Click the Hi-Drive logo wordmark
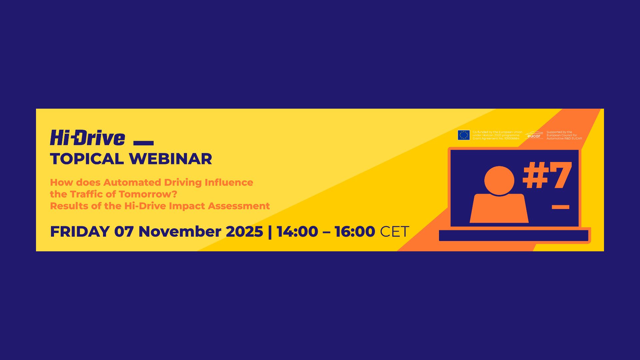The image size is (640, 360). (x=87, y=138)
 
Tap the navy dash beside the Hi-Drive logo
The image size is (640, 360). (x=143, y=143)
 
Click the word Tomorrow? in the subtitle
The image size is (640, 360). (x=148, y=194)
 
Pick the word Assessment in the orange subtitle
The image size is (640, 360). (x=239, y=206)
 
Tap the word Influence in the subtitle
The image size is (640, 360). (x=229, y=183)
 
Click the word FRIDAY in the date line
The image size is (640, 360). (x=80, y=232)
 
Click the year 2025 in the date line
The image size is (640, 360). (x=244, y=232)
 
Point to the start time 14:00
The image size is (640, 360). (x=297, y=232)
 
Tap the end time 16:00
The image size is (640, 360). (x=355, y=232)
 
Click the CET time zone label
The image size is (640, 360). (x=394, y=232)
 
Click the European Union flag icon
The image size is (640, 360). (x=464, y=135)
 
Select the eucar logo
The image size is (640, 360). (x=534, y=135)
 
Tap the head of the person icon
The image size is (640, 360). (x=499, y=180)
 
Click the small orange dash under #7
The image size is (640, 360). (x=560, y=207)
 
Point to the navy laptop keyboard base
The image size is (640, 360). (x=513, y=236)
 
